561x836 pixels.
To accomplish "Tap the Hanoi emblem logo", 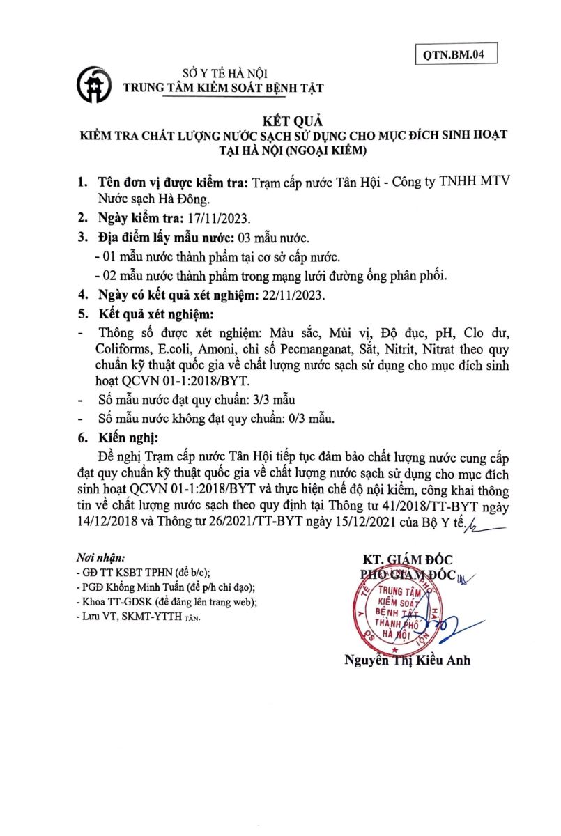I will pos(95,82).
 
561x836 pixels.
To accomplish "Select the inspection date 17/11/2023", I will pos(218,217).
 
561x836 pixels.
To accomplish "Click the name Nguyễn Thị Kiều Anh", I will pos(406,660).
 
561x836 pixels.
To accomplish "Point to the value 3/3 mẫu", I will pos(275,401).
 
